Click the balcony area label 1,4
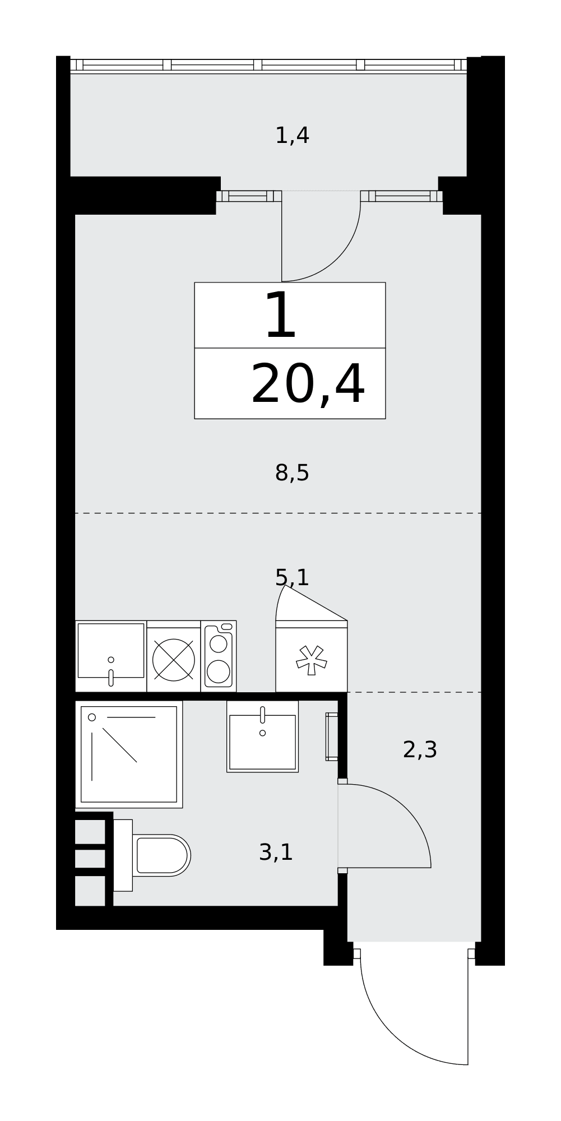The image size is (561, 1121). click(x=292, y=136)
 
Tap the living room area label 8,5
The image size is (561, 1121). click(x=292, y=473)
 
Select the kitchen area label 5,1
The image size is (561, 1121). click(x=292, y=577)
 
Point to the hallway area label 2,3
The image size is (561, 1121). click(x=420, y=749)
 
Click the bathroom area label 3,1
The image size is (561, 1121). click(x=276, y=853)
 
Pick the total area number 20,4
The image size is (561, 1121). click(x=308, y=385)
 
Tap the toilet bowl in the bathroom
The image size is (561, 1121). click(x=152, y=855)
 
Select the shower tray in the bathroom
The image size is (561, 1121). click(x=129, y=754)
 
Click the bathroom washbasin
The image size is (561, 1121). click(x=262, y=736)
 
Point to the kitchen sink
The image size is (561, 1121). click(x=111, y=656)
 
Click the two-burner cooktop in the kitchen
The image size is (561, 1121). click(x=219, y=656)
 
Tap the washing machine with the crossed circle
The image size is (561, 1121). click(x=174, y=656)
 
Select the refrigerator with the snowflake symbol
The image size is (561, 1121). click(x=312, y=656)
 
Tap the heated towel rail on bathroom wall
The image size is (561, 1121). click(x=332, y=736)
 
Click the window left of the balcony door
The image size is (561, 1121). click(x=249, y=196)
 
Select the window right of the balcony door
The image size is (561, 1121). click(x=402, y=196)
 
